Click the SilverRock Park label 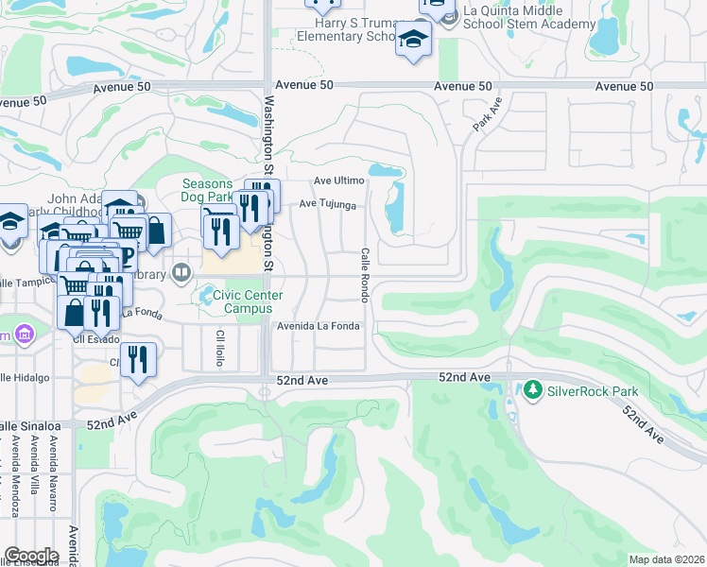pyautogui.click(x=592, y=391)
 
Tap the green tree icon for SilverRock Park pyautogui.click(x=533, y=390)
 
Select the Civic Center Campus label pyautogui.click(x=248, y=301)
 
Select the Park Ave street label pyautogui.click(x=486, y=114)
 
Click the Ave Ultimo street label pyautogui.click(x=338, y=180)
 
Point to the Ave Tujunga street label pyautogui.click(x=327, y=203)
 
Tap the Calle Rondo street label pyautogui.click(x=364, y=275)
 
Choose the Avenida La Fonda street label pyautogui.click(x=318, y=327)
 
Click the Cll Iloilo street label pyautogui.click(x=220, y=348)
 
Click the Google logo pyautogui.click(x=31, y=556)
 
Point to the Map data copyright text pyautogui.click(x=665, y=559)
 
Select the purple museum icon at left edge pyautogui.click(x=23, y=335)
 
